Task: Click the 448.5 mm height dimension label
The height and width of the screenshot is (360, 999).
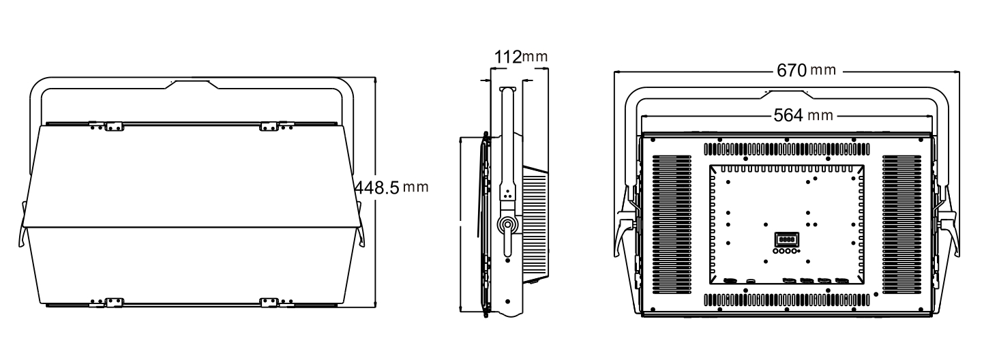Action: tap(391, 187)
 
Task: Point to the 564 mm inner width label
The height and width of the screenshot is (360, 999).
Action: tap(803, 115)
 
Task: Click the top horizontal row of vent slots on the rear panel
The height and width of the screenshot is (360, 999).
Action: tap(787, 149)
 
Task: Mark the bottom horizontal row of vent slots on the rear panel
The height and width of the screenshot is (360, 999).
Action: tap(787, 299)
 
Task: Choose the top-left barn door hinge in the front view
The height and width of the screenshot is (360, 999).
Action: tap(106, 125)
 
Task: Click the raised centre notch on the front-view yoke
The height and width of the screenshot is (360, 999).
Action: tap(193, 84)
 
